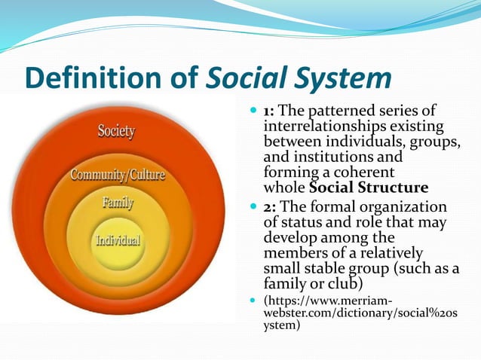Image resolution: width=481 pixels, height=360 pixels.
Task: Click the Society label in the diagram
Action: point(116,132)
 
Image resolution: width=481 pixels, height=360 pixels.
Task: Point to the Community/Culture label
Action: point(117,176)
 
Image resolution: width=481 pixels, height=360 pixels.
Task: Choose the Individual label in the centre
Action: point(117,240)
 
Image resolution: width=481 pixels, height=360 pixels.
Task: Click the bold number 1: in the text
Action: point(271,111)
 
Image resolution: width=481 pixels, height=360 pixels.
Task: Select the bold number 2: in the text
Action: point(272,206)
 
